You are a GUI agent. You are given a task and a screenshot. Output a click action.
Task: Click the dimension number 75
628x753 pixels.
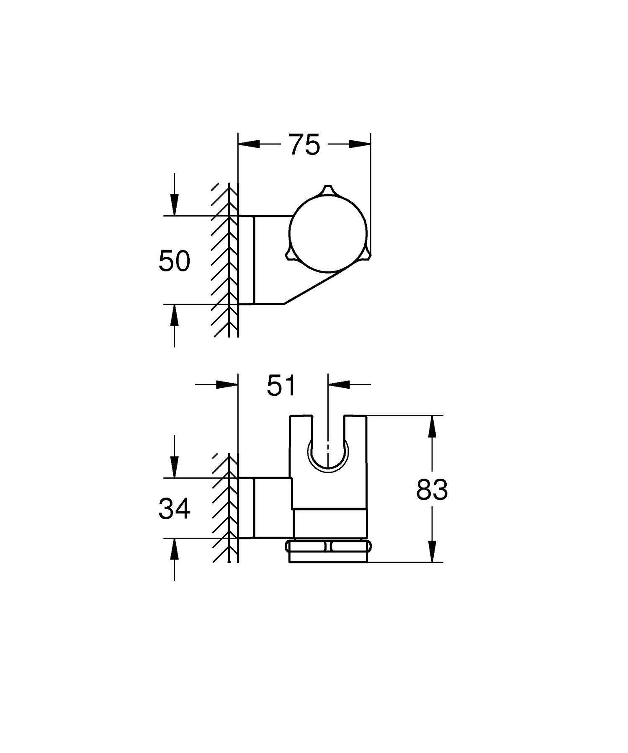[304, 145]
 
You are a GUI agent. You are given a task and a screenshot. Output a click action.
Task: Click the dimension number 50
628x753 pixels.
[174, 261]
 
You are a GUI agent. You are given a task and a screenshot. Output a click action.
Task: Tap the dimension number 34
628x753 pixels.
[174, 509]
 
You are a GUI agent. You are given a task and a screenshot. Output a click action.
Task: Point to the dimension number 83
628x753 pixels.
[432, 490]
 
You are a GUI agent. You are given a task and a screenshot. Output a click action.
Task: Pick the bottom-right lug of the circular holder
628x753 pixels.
[367, 253]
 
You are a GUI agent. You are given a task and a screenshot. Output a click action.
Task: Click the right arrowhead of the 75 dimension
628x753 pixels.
[361, 144]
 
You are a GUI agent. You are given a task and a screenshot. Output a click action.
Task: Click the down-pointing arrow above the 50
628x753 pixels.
[174, 205]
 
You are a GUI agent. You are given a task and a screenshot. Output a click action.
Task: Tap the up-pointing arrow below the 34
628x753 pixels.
[174, 549]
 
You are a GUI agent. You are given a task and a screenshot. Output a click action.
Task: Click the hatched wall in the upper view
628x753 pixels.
[222, 260]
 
